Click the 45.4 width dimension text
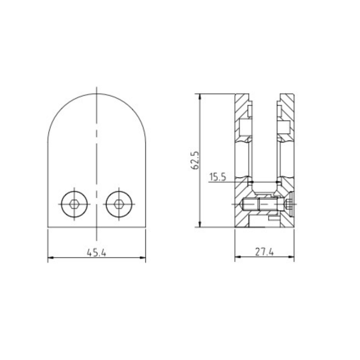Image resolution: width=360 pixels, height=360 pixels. (x=96, y=252)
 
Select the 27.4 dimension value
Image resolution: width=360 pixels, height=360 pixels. (x=265, y=252)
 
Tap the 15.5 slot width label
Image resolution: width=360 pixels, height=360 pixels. (x=217, y=177)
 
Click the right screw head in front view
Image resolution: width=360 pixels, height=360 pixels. (x=118, y=204)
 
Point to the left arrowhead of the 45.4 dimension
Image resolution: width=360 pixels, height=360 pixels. (x=51, y=258)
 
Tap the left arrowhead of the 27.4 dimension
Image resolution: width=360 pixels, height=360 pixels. (x=238, y=258)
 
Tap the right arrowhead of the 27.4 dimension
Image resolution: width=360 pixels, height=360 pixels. (x=292, y=258)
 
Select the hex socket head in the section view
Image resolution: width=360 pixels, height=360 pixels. (x=290, y=204)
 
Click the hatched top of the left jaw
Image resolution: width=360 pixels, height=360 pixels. (x=242, y=99)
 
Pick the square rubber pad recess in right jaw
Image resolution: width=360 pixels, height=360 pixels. (x=284, y=126)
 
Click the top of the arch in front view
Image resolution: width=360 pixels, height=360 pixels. (x=97, y=94)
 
